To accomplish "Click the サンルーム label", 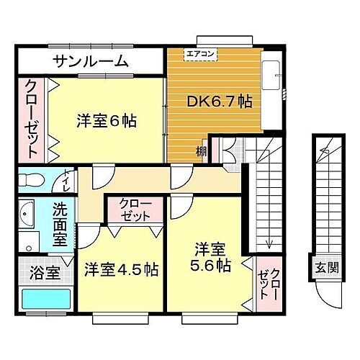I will coord(90,60).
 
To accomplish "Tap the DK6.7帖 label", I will coord(219,102).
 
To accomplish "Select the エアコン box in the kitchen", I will coord(199,53).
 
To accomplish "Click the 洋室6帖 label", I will coord(107,121).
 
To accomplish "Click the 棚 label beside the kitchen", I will coord(202,152).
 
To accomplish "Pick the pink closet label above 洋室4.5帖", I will coord(135,210).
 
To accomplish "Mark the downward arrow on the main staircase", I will coord(269,240).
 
